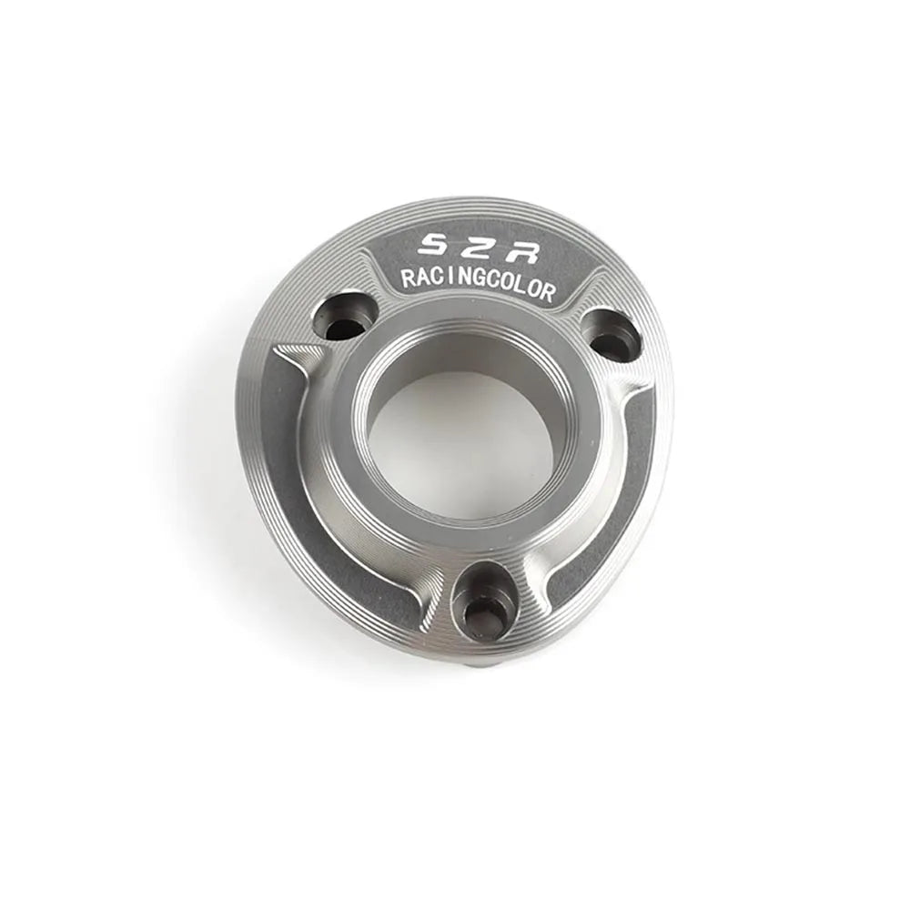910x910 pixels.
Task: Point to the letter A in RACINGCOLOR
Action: [422, 279]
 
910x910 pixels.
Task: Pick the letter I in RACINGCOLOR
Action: [450, 280]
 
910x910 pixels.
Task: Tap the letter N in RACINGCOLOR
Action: [462, 281]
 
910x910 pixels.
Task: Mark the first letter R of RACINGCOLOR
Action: [408, 279]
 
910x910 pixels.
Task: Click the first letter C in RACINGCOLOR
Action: [437, 280]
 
